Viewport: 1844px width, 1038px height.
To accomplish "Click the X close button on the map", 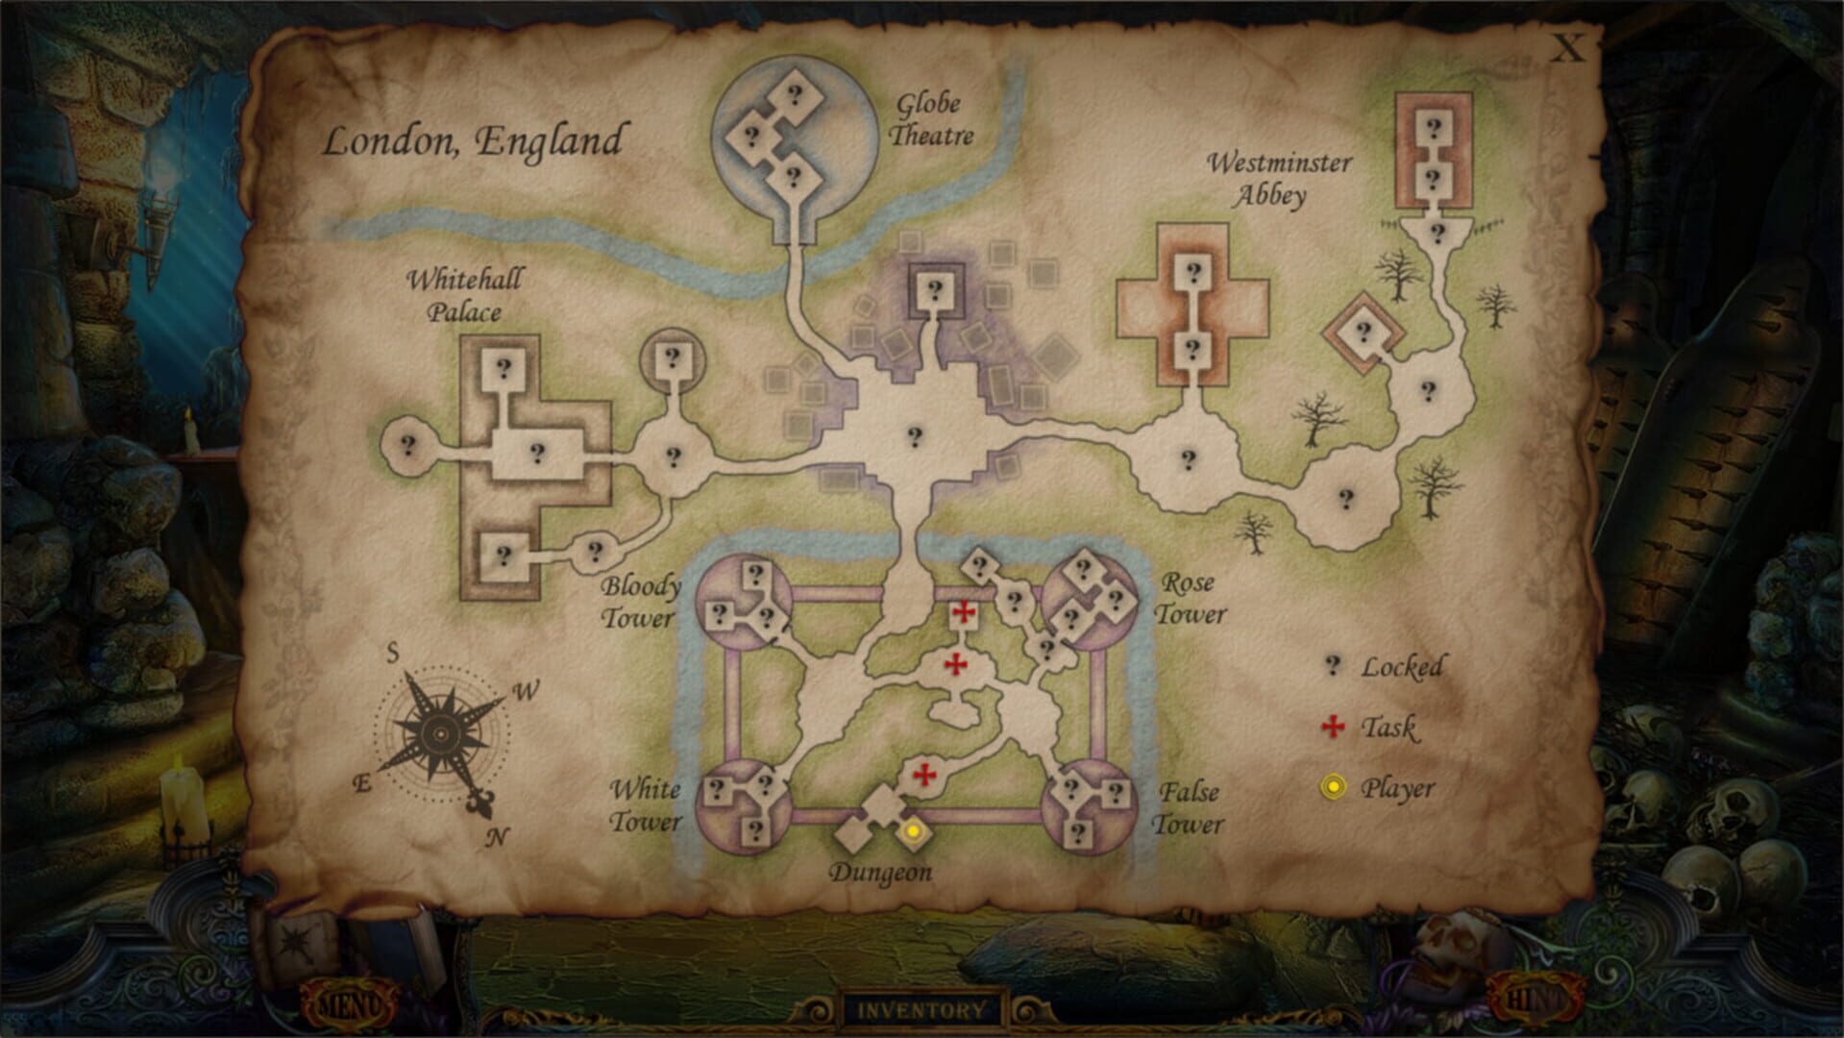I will pyautogui.click(x=1568, y=48).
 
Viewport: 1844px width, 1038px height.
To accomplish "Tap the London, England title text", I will pyautogui.click(x=473, y=141).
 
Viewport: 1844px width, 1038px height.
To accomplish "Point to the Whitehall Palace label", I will pyautogui.click(x=465, y=296).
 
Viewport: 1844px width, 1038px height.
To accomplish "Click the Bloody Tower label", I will pyautogui.click(x=641, y=602).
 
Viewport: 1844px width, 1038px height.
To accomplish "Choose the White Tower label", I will pyautogui.click(x=646, y=805).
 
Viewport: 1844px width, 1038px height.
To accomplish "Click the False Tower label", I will pyautogui.click(x=1189, y=807).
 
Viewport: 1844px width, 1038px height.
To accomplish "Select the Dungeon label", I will pyautogui.click(x=880, y=873).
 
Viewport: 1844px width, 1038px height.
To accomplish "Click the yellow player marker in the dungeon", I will pyautogui.click(x=914, y=830).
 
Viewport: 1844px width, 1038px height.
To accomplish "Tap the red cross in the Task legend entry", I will pyautogui.click(x=1333, y=727).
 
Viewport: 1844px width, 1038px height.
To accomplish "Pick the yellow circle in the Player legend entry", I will pyautogui.click(x=1333, y=788).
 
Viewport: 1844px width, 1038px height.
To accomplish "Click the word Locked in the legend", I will pyautogui.click(x=1401, y=667).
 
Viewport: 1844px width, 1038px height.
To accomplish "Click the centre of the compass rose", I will pyautogui.click(x=440, y=734).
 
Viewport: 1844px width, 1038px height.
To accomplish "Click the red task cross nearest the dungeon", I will pyautogui.click(x=924, y=775).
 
